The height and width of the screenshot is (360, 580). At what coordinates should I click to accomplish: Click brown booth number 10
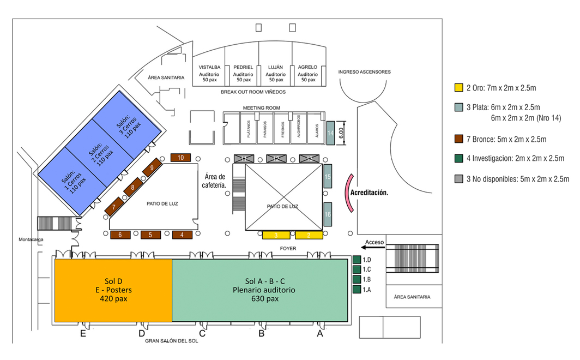tap(180, 158)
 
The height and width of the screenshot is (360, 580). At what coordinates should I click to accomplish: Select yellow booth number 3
tap(276, 235)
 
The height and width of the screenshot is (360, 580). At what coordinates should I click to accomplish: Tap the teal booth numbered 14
tap(329, 133)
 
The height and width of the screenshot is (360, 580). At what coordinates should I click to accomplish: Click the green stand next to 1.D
tap(357, 260)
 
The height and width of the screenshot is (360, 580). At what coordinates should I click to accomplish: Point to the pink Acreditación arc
tap(347, 194)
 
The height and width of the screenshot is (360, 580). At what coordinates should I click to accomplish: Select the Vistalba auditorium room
tap(210, 73)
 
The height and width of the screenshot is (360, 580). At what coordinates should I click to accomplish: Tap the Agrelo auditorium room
tap(308, 73)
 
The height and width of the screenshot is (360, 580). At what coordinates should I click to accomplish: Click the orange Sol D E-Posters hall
tap(113, 290)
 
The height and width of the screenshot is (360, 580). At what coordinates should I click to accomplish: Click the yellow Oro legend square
tap(458, 87)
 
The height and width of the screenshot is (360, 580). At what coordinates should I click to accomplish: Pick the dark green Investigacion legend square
tap(458, 159)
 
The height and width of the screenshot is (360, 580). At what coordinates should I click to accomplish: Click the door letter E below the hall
tap(83, 334)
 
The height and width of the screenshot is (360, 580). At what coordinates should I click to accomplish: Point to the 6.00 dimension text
tap(341, 133)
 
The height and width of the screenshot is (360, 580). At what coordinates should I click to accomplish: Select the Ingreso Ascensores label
tap(364, 72)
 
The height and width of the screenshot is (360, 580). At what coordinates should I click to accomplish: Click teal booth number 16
tap(328, 214)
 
